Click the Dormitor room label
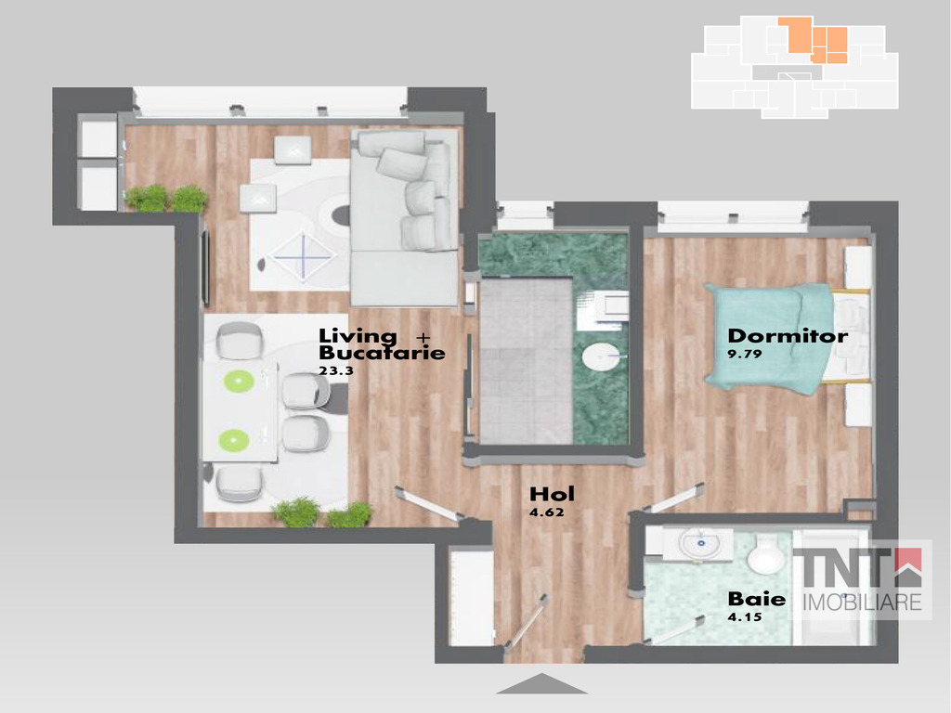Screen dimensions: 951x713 pos(788,336)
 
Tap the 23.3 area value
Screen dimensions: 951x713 pos(336,370)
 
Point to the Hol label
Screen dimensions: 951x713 pos(552,494)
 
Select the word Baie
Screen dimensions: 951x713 pos(756,599)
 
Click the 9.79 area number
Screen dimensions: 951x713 pos(744,354)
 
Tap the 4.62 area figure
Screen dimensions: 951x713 pos(546,512)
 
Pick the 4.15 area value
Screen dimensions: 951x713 pos(745,617)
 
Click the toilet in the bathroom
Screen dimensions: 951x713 pos(768,551)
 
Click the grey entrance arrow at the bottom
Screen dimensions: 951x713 pos(541,683)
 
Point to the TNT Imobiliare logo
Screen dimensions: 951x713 pos(862,579)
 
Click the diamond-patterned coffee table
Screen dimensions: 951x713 pos(303,255)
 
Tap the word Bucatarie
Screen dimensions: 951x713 pos(382,352)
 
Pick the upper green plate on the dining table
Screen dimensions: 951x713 pos(239,381)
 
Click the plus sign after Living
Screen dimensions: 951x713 pos(423,337)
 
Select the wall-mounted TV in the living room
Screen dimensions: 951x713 pos(205,267)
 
